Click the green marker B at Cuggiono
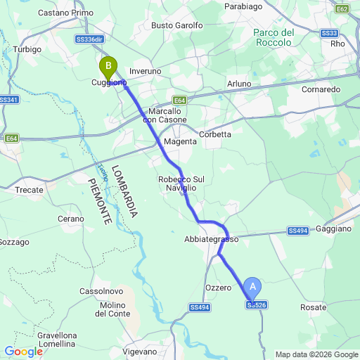(108, 68)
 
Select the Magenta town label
(180, 142)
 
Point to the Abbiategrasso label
(212, 239)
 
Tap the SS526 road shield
(257, 304)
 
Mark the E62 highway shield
(342, 9)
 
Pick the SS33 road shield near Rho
(328, 33)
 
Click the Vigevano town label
(139, 351)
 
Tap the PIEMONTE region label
(99, 201)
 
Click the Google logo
(23, 351)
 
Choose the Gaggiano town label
(334, 229)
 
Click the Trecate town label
(30, 190)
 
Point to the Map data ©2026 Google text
(316, 354)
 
